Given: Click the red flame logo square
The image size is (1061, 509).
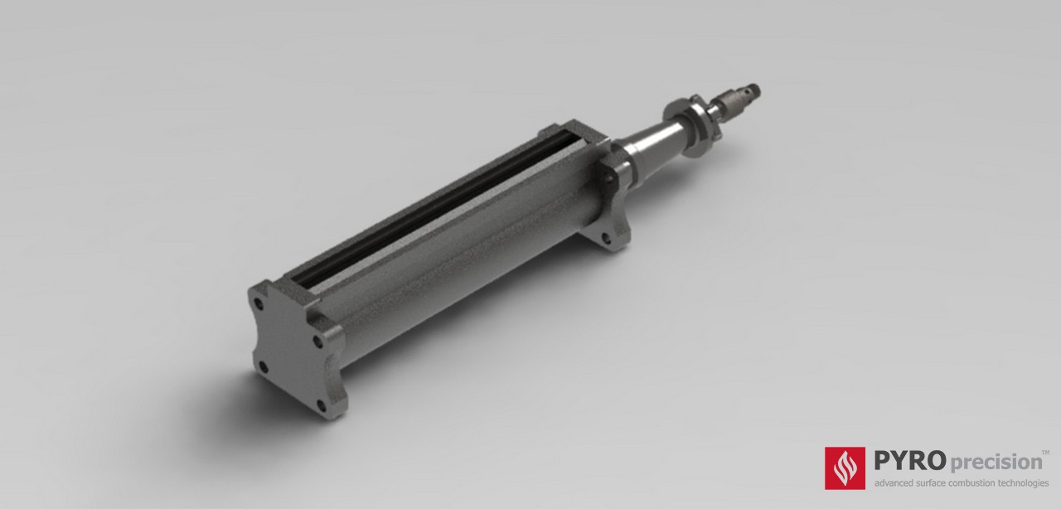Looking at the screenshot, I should point(845,468).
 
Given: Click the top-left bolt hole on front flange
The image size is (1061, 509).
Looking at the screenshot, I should point(260,304).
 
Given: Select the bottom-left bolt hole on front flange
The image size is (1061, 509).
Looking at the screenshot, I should point(263,368).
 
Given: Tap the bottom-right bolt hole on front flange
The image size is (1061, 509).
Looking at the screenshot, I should point(322,406).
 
